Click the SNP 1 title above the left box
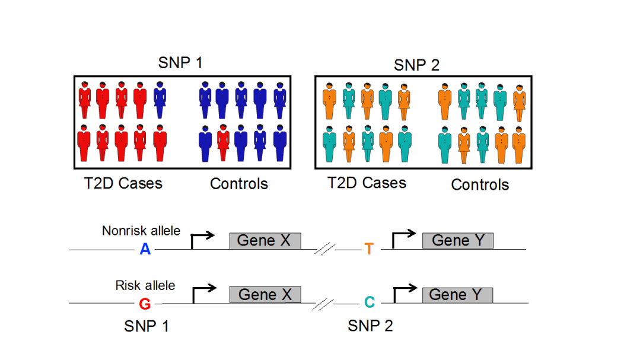180,63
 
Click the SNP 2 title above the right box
416,65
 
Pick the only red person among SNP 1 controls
223,142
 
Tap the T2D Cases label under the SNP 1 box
123,183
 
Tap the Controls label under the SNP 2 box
480,184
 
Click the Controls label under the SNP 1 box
239,184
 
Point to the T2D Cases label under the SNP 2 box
367,183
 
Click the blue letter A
145,250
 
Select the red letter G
145,304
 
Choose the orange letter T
369,249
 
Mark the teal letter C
369,303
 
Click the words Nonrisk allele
141,231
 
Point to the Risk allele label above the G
145,285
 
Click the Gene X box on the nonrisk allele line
265,241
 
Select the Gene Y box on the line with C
457,295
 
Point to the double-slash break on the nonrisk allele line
324,250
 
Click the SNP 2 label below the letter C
370,326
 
